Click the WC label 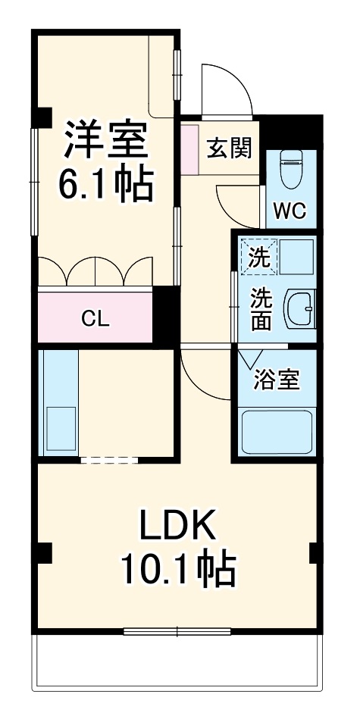[290, 211]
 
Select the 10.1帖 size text [177, 568]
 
